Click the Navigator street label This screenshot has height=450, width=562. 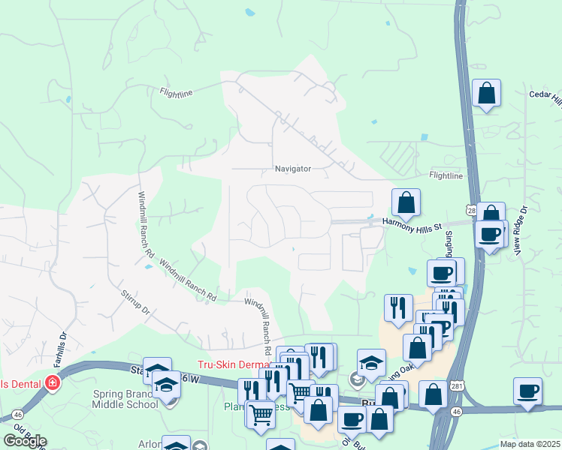(292, 169)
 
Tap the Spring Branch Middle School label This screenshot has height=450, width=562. (125, 399)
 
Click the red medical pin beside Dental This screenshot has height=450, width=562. (53, 383)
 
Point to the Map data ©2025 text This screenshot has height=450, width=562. (530, 444)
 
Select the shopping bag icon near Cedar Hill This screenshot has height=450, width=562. (487, 94)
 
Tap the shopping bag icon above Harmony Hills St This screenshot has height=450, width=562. (406, 202)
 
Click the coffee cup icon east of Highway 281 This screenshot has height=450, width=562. (527, 391)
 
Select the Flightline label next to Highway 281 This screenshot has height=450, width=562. (446, 175)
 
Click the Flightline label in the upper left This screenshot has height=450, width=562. (177, 93)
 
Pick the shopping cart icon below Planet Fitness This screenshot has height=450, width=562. (260, 412)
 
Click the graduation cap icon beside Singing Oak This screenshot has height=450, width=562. (371, 363)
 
